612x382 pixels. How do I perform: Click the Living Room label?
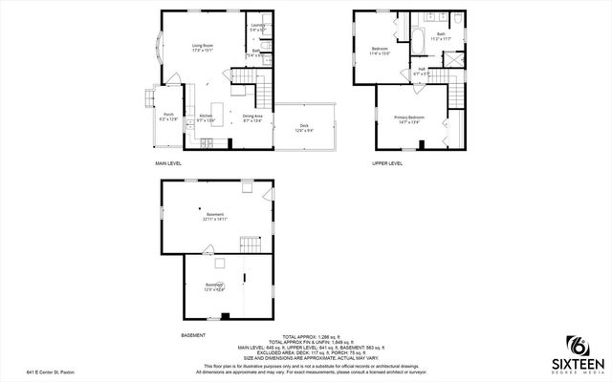point(202,45)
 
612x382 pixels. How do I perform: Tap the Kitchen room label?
point(206,117)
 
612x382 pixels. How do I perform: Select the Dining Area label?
point(252,117)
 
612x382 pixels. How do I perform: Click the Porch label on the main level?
point(167,116)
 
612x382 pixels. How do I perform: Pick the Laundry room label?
point(256,26)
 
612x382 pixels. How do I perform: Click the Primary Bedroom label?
point(409,117)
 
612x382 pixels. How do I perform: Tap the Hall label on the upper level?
point(422,69)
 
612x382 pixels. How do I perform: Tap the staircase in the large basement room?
point(250,243)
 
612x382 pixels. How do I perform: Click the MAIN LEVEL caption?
point(168,163)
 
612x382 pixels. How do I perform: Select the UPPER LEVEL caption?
point(387,163)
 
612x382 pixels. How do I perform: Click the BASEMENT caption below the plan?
point(192,335)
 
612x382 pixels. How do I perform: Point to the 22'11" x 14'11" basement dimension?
point(214,219)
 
